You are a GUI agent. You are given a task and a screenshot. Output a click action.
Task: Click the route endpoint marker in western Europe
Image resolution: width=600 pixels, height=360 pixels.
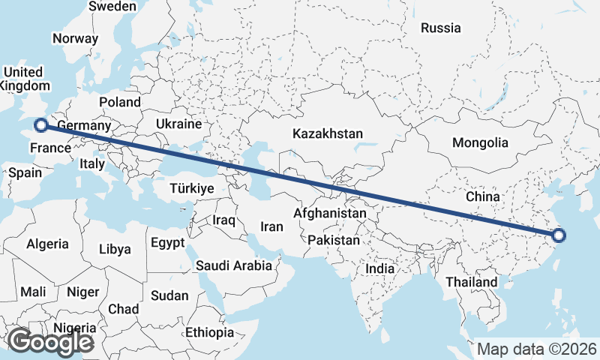(x=41, y=125)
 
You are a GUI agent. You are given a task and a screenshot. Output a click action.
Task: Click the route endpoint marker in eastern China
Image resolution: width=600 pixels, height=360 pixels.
(x=558, y=236)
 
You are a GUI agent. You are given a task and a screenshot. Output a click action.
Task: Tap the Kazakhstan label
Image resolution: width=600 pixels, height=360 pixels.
(x=328, y=133)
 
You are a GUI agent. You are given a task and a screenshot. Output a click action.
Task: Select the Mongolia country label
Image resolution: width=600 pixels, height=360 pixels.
(x=480, y=142)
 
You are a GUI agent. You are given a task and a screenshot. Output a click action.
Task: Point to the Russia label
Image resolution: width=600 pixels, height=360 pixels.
(x=440, y=28)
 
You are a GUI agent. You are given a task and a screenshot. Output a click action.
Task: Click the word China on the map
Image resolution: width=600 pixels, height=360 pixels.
(x=482, y=196)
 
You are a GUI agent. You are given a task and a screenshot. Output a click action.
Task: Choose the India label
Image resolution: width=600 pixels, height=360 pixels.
(x=379, y=268)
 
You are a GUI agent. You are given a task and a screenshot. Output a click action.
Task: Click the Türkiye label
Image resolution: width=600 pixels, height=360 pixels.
(x=192, y=188)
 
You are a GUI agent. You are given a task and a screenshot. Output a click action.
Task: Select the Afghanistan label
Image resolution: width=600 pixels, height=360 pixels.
(x=330, y=213)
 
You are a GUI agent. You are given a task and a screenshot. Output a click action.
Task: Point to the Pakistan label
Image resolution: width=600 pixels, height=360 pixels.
(x=334, y=241)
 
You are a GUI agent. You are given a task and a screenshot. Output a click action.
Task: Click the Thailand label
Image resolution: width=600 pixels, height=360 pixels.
(x=471, y=282)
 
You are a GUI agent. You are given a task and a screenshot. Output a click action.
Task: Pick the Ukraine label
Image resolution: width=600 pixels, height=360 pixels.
(x=178, y=124)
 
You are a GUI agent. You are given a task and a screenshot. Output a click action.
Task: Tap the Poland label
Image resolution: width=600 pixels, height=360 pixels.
(x=119, y=102)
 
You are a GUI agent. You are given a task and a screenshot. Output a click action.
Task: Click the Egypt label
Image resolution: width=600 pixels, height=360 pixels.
(x=167, y=243)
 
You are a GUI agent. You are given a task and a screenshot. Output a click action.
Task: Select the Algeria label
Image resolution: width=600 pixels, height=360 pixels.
(x=47, y=244)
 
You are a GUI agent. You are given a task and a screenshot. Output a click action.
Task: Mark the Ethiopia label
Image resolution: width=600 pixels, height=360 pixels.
(x=209, y=332)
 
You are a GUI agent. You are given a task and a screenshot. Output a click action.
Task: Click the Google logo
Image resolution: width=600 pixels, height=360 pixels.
(x=50, y=342)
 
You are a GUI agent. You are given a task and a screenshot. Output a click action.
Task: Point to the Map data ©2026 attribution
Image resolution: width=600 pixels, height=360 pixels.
(x=537, y=349)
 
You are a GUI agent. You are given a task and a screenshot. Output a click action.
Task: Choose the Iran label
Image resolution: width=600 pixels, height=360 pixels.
(x=271, y=226)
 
